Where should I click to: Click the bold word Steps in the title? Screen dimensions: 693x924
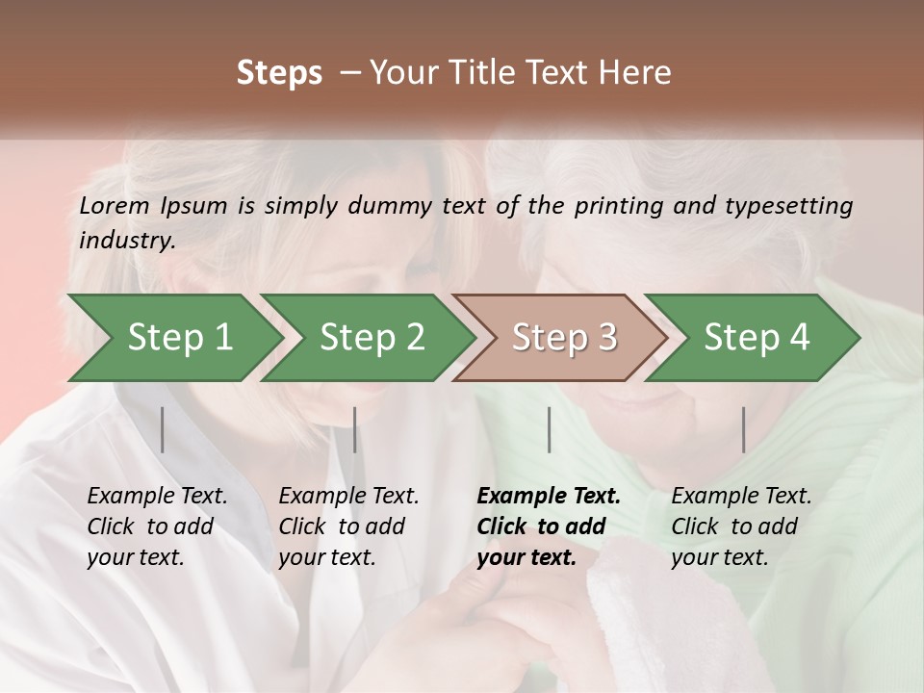click(279, 73)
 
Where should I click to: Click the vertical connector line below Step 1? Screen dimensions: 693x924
click(163, 429)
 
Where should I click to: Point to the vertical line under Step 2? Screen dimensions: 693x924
click(355, 429)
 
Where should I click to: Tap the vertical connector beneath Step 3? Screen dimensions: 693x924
click(549, 429)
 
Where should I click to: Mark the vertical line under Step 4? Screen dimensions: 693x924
click(744, 429)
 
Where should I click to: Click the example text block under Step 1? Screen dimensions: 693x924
click(157, 526)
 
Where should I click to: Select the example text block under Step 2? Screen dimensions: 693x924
click(348, 526)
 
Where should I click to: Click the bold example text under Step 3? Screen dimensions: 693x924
click(548, 526)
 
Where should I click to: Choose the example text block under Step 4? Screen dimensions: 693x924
click(741, 526)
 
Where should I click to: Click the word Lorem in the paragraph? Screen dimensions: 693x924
click(115, 205)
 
